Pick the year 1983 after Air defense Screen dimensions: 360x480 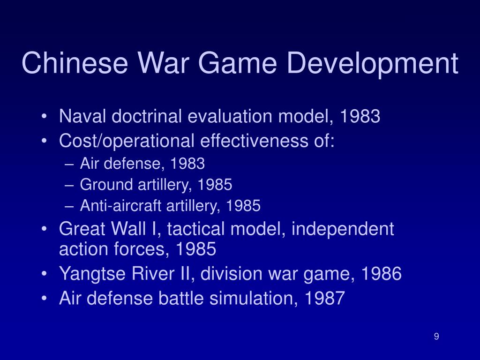pyautogui.click(x=187, y=164)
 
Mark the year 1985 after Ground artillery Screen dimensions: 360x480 pyautogui.click(x=215, y=185)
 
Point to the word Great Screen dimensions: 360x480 pyautogui.click(x=80, y=230)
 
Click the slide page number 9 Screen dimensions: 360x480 pyautogui.click(x=436, y=336)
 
